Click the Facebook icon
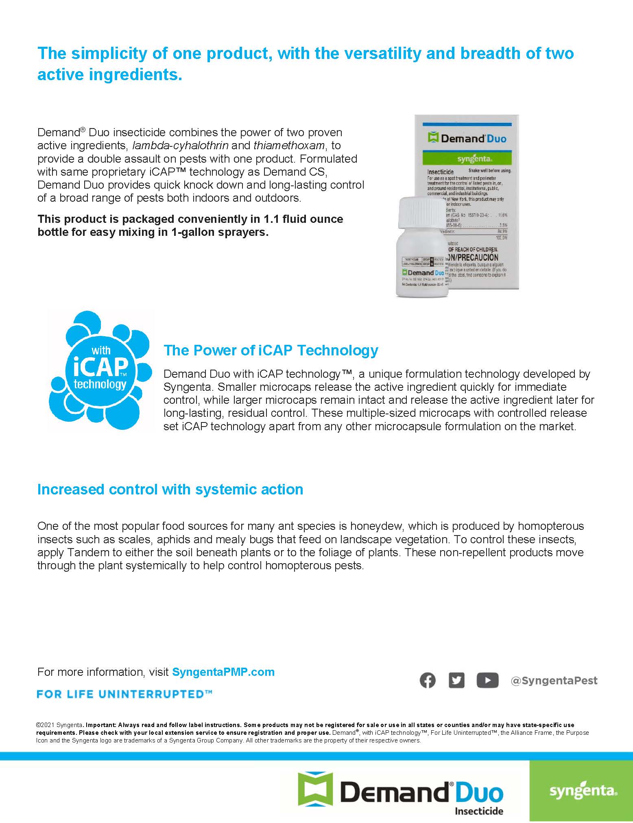pos(427,680)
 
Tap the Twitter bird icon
pos(456,680)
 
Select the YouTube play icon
pos(487,680)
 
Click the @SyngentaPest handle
pos(554,681)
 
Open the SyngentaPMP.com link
pos(223,672)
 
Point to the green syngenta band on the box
pos(467,158)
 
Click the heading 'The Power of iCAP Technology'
pos(271,350)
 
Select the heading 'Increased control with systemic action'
pos(170,489)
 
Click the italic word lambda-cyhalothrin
pos(180,146)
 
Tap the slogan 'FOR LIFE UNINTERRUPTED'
pos(124,694)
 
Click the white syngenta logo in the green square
pos(583,791)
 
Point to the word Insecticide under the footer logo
pos(479,811)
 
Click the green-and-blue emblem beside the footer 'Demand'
pos(315,789)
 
